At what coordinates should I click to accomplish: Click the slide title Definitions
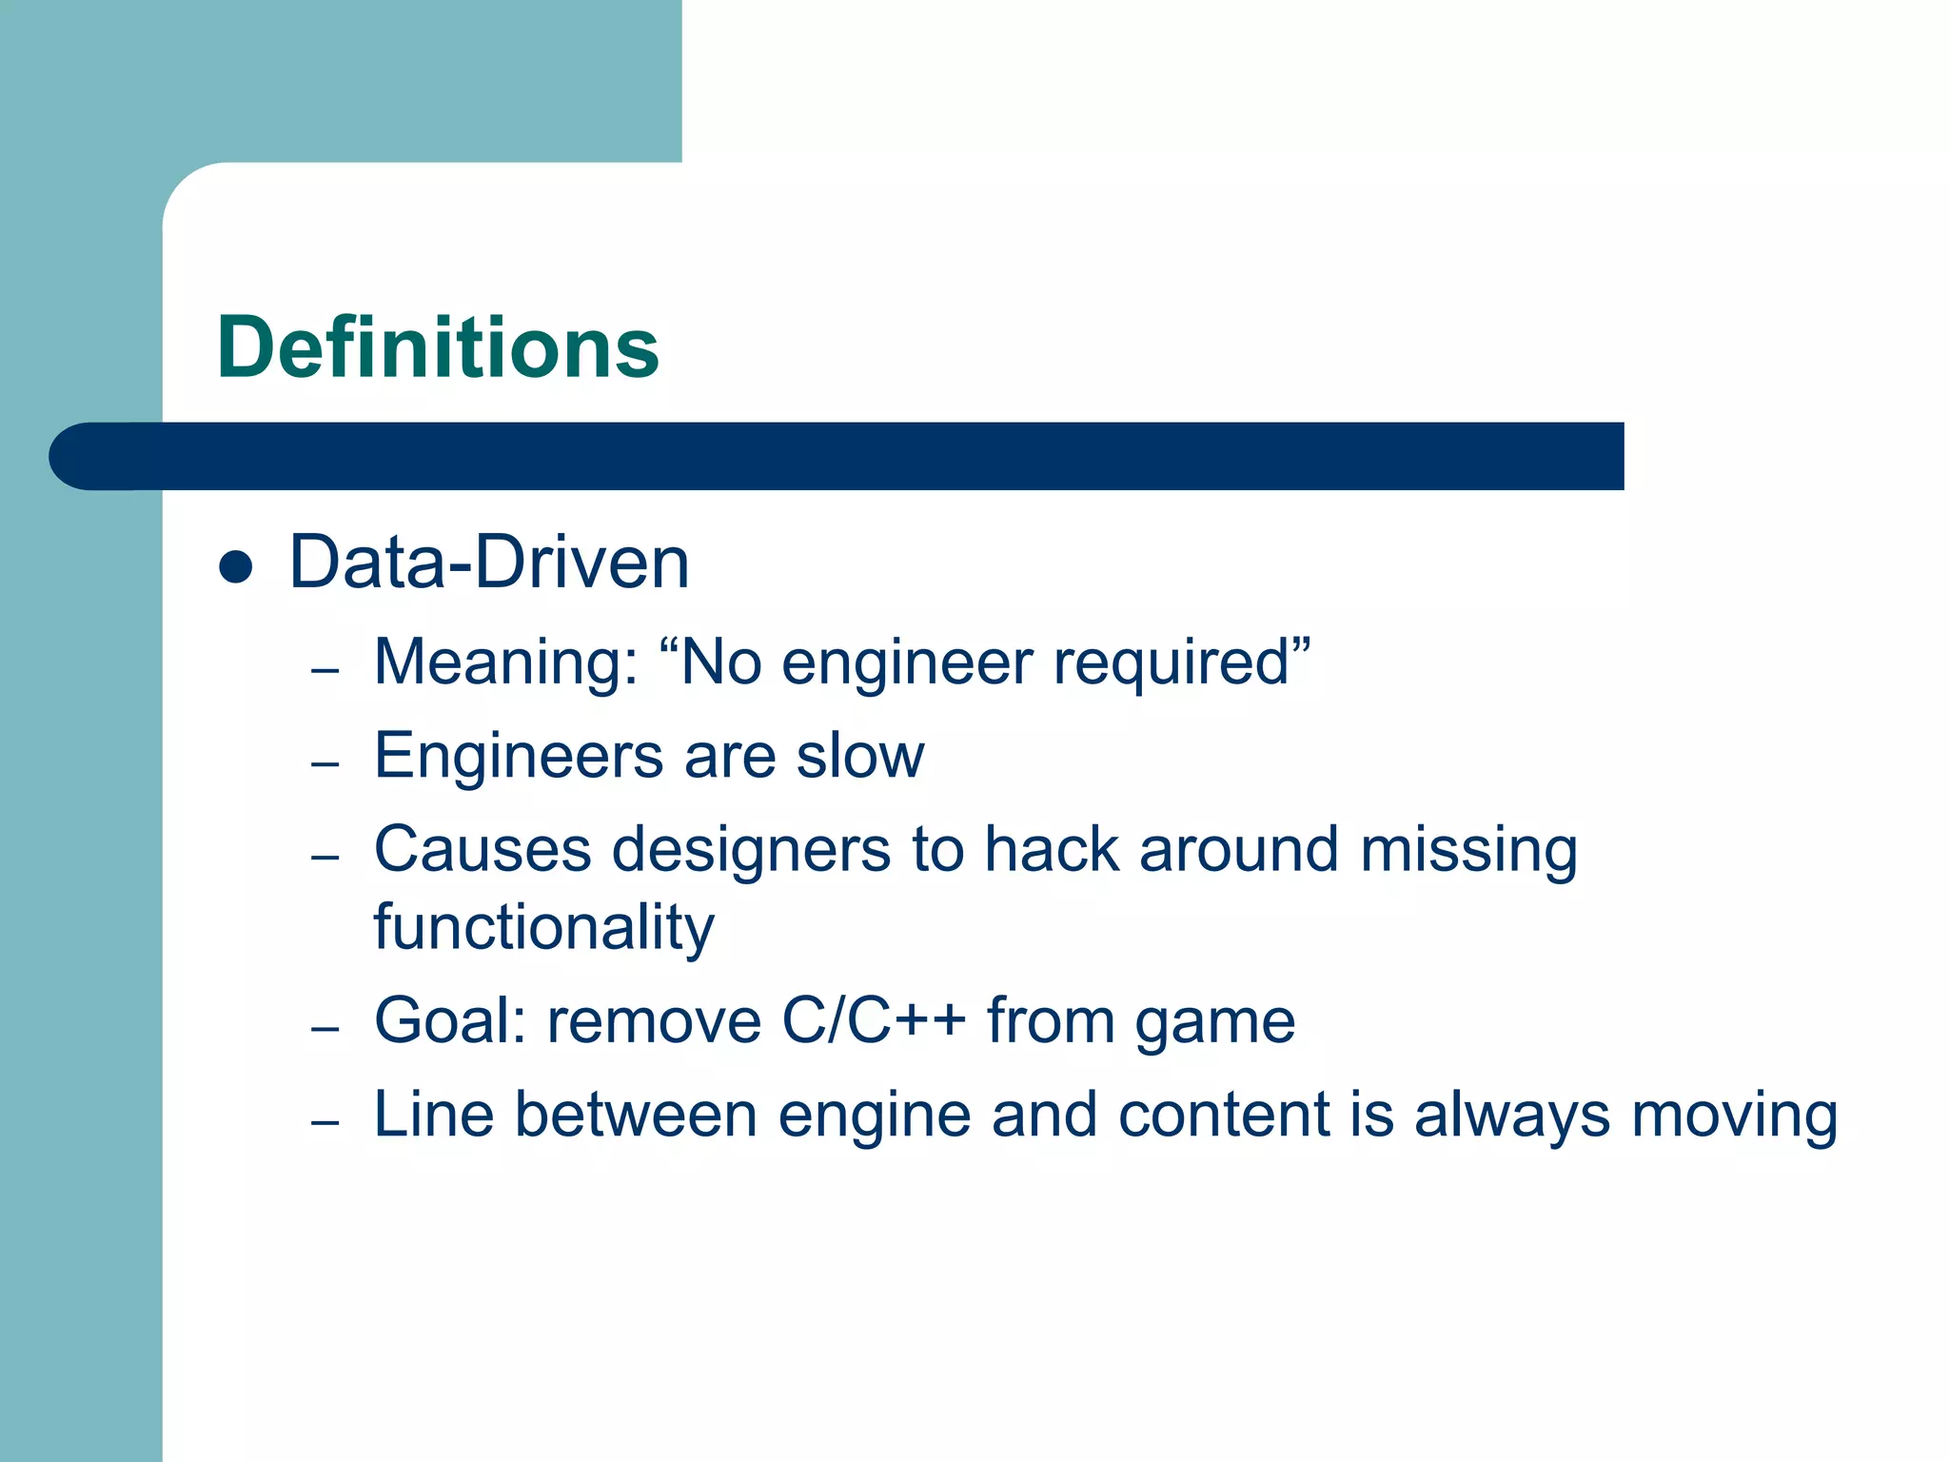point(438,347)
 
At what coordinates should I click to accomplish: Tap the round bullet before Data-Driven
point(235,567)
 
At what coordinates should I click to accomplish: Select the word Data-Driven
point(488,563)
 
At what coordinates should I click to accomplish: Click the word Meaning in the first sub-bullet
point(505,662)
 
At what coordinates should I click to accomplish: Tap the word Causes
point(482,849)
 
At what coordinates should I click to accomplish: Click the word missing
point(1468,851)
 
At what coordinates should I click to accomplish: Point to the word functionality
point(543,928)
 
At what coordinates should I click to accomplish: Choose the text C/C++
point(873,1020)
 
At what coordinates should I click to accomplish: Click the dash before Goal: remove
point(325,1029)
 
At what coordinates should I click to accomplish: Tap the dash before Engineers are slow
point(325,764)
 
